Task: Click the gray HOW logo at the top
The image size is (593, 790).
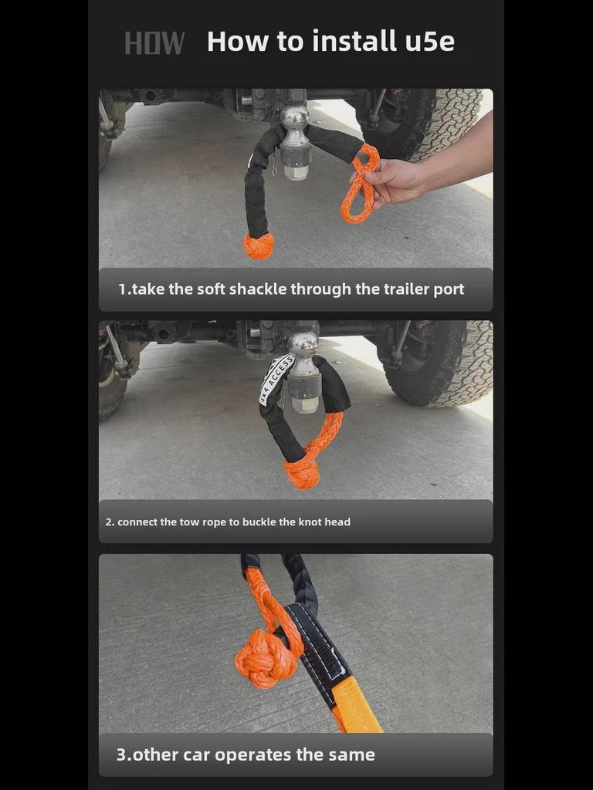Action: coord(154,43)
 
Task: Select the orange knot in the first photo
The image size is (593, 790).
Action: coord(259,245)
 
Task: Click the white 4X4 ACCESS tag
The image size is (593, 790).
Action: coord(276,380)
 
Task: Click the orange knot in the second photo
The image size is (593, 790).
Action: coord(302,473)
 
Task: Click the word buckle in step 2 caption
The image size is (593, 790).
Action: coord(259,522)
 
